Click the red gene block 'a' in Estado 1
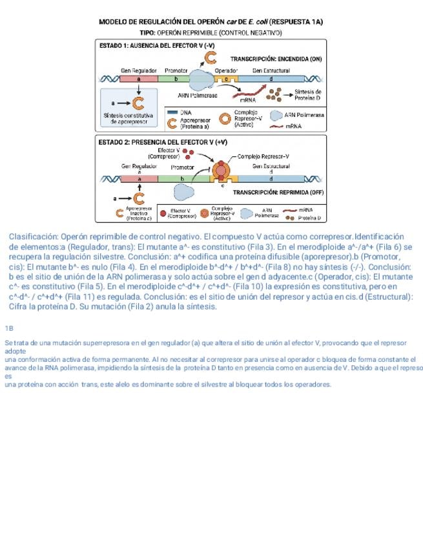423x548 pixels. pyautogui.click(x=139, y=78)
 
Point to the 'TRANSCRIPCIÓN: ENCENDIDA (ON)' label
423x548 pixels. pyautogui.click(x=276, y=58)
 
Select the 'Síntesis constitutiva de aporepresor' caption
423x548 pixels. pyautogui.click(x=129, y=118)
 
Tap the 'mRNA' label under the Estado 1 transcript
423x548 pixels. pyautogui.click(x=249, y=100)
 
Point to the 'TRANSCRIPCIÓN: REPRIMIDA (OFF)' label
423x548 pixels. pyautogui.click(x=278, y=193)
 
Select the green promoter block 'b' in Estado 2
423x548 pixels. pyautogui.click(x=181, y=178)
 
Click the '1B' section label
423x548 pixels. pyautogui.click(x=9, y=328)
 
